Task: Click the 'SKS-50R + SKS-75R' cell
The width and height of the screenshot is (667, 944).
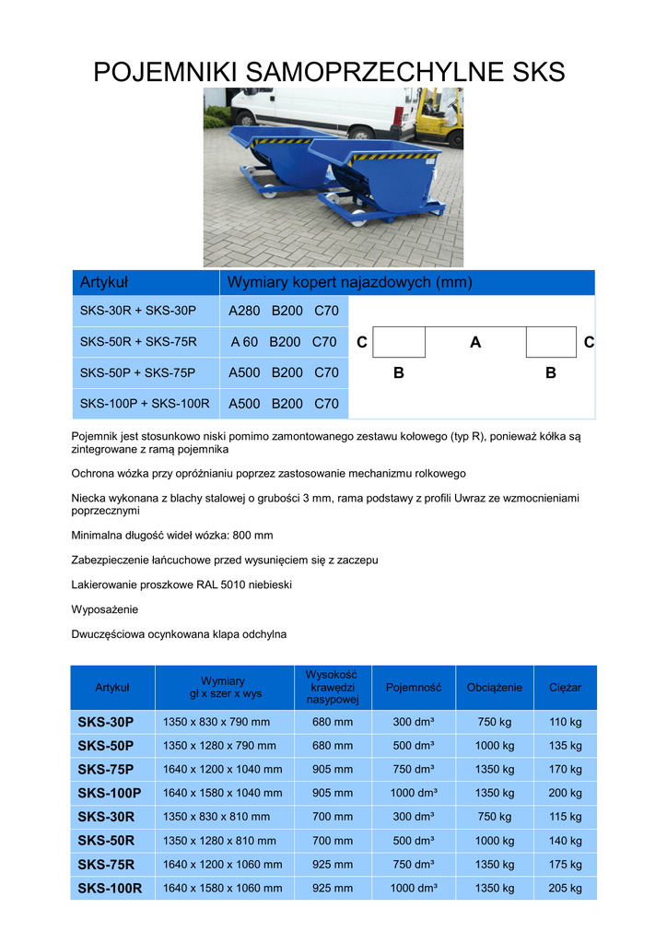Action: [138, 342]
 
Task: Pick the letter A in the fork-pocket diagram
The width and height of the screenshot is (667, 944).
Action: [475, 343]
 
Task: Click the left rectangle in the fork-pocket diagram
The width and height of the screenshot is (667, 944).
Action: [401, 342]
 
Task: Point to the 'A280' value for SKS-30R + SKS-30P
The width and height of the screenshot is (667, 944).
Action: [244, 312]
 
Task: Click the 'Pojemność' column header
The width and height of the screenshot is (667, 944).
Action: [414, 688]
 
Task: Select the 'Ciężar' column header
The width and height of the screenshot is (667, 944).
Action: [565, 688]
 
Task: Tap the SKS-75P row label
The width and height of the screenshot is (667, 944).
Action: [106, 769]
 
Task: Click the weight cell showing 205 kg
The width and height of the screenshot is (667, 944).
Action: [565, 888]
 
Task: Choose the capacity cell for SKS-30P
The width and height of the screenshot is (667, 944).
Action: [414, 722]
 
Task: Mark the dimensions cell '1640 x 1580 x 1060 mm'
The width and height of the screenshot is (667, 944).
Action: [222, 888]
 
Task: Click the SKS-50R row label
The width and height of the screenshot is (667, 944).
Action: [106, 840]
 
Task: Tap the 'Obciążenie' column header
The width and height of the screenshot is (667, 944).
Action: [495, 688]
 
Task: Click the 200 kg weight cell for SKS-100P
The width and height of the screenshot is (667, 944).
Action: [565, 793]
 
